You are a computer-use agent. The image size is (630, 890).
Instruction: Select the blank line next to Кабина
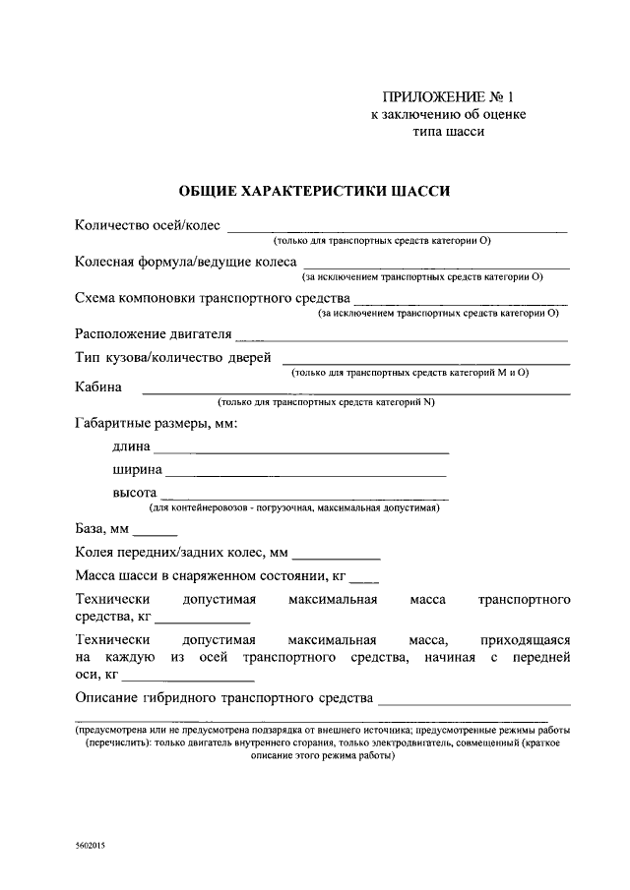(355, 392)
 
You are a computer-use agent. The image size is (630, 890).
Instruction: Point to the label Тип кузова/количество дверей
(173, 358)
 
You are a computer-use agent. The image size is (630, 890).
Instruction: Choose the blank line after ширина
(306, 475)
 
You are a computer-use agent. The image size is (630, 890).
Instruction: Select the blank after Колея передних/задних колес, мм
(336, 558)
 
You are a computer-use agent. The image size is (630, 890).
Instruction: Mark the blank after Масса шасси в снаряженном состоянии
(363, 580)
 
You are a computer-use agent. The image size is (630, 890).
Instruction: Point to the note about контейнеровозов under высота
(293, 509)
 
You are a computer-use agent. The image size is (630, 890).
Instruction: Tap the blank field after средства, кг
(203, 623)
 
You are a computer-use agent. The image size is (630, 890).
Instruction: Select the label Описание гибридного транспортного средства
(224, 699)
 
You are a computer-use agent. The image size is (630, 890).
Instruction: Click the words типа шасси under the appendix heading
(448, 133)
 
